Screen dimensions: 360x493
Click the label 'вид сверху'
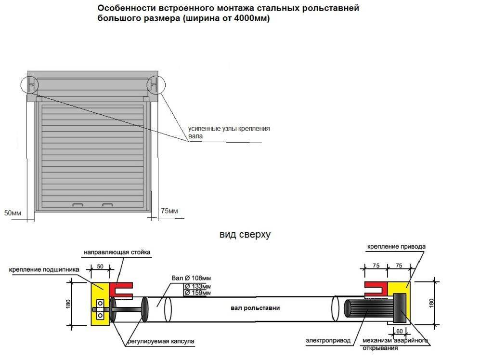245,235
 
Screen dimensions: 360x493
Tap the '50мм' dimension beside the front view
13,213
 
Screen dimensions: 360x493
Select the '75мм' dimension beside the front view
169,211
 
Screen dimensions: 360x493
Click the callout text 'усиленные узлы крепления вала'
229,133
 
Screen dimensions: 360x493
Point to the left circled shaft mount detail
30,85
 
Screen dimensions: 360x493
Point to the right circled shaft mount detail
156,85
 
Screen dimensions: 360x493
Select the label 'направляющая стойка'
117,252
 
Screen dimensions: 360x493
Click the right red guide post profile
376,289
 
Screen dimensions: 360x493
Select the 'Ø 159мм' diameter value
198,293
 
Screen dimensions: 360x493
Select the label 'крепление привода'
396,246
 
